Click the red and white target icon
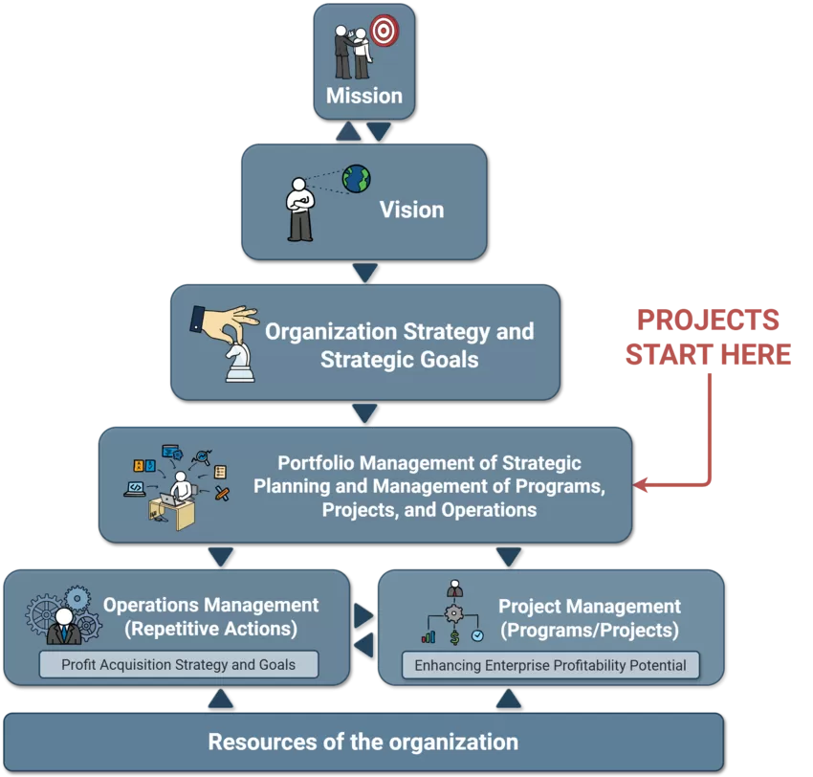[384, 31]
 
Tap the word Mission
[364, 96]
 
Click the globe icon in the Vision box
[356, 178]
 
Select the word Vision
[411, 210]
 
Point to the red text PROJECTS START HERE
[709, 337]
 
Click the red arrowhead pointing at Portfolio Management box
[643, 485]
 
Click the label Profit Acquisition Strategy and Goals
[178, 664]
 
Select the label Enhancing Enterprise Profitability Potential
[550, 665]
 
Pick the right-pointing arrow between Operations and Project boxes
[363, 614]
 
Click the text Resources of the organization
[363, 742]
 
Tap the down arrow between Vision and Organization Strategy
[364, 273]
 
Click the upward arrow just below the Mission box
[349, 131]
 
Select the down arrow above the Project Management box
[509, 556]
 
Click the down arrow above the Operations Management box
[221, 556]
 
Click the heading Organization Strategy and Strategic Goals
[399, 345]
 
